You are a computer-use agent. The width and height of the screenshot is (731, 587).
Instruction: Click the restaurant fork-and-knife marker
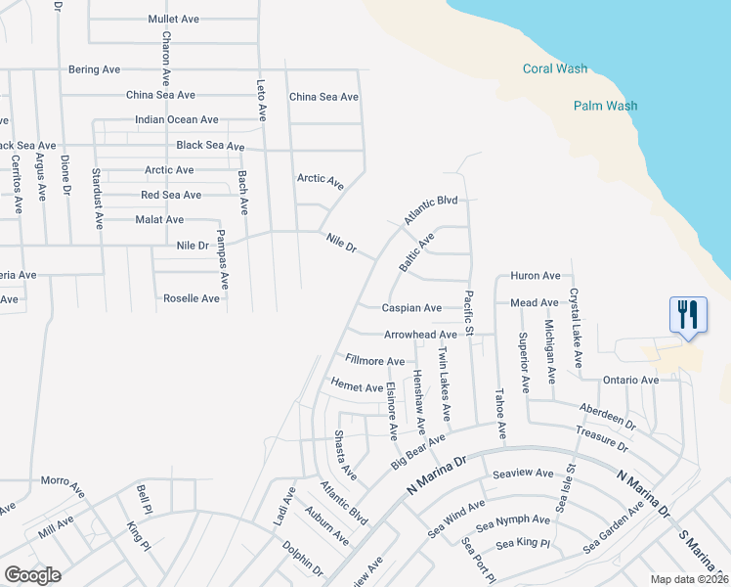pyautogui.click(x=688, y=315)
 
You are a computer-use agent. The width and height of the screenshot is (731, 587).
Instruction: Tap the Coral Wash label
pyautogui.click(x=555, y=68)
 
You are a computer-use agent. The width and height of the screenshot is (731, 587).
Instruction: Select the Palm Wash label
pyautogui.click(x=605, y=106)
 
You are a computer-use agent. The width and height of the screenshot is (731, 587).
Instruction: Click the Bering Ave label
pyautogui.click(x=94, y=69)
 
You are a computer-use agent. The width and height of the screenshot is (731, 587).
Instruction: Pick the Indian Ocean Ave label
pyautogui.click(x=177, y=119)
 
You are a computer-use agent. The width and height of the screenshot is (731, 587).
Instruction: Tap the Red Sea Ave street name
pyautogui.click(x=171, y=195)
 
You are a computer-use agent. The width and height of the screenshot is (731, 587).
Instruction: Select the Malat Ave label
pyautogui.click(x=159, y=219)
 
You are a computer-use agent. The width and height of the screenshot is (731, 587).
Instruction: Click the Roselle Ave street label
pyautogui.click(x=192, y=298)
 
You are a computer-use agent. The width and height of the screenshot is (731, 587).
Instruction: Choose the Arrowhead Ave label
pyautogui.click(x=420, y=335)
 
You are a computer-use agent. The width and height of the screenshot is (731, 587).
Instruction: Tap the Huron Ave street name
pyautogui.click(x=536, y=276)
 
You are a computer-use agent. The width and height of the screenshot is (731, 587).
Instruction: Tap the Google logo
pyautogui.click(x=32, y=574)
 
